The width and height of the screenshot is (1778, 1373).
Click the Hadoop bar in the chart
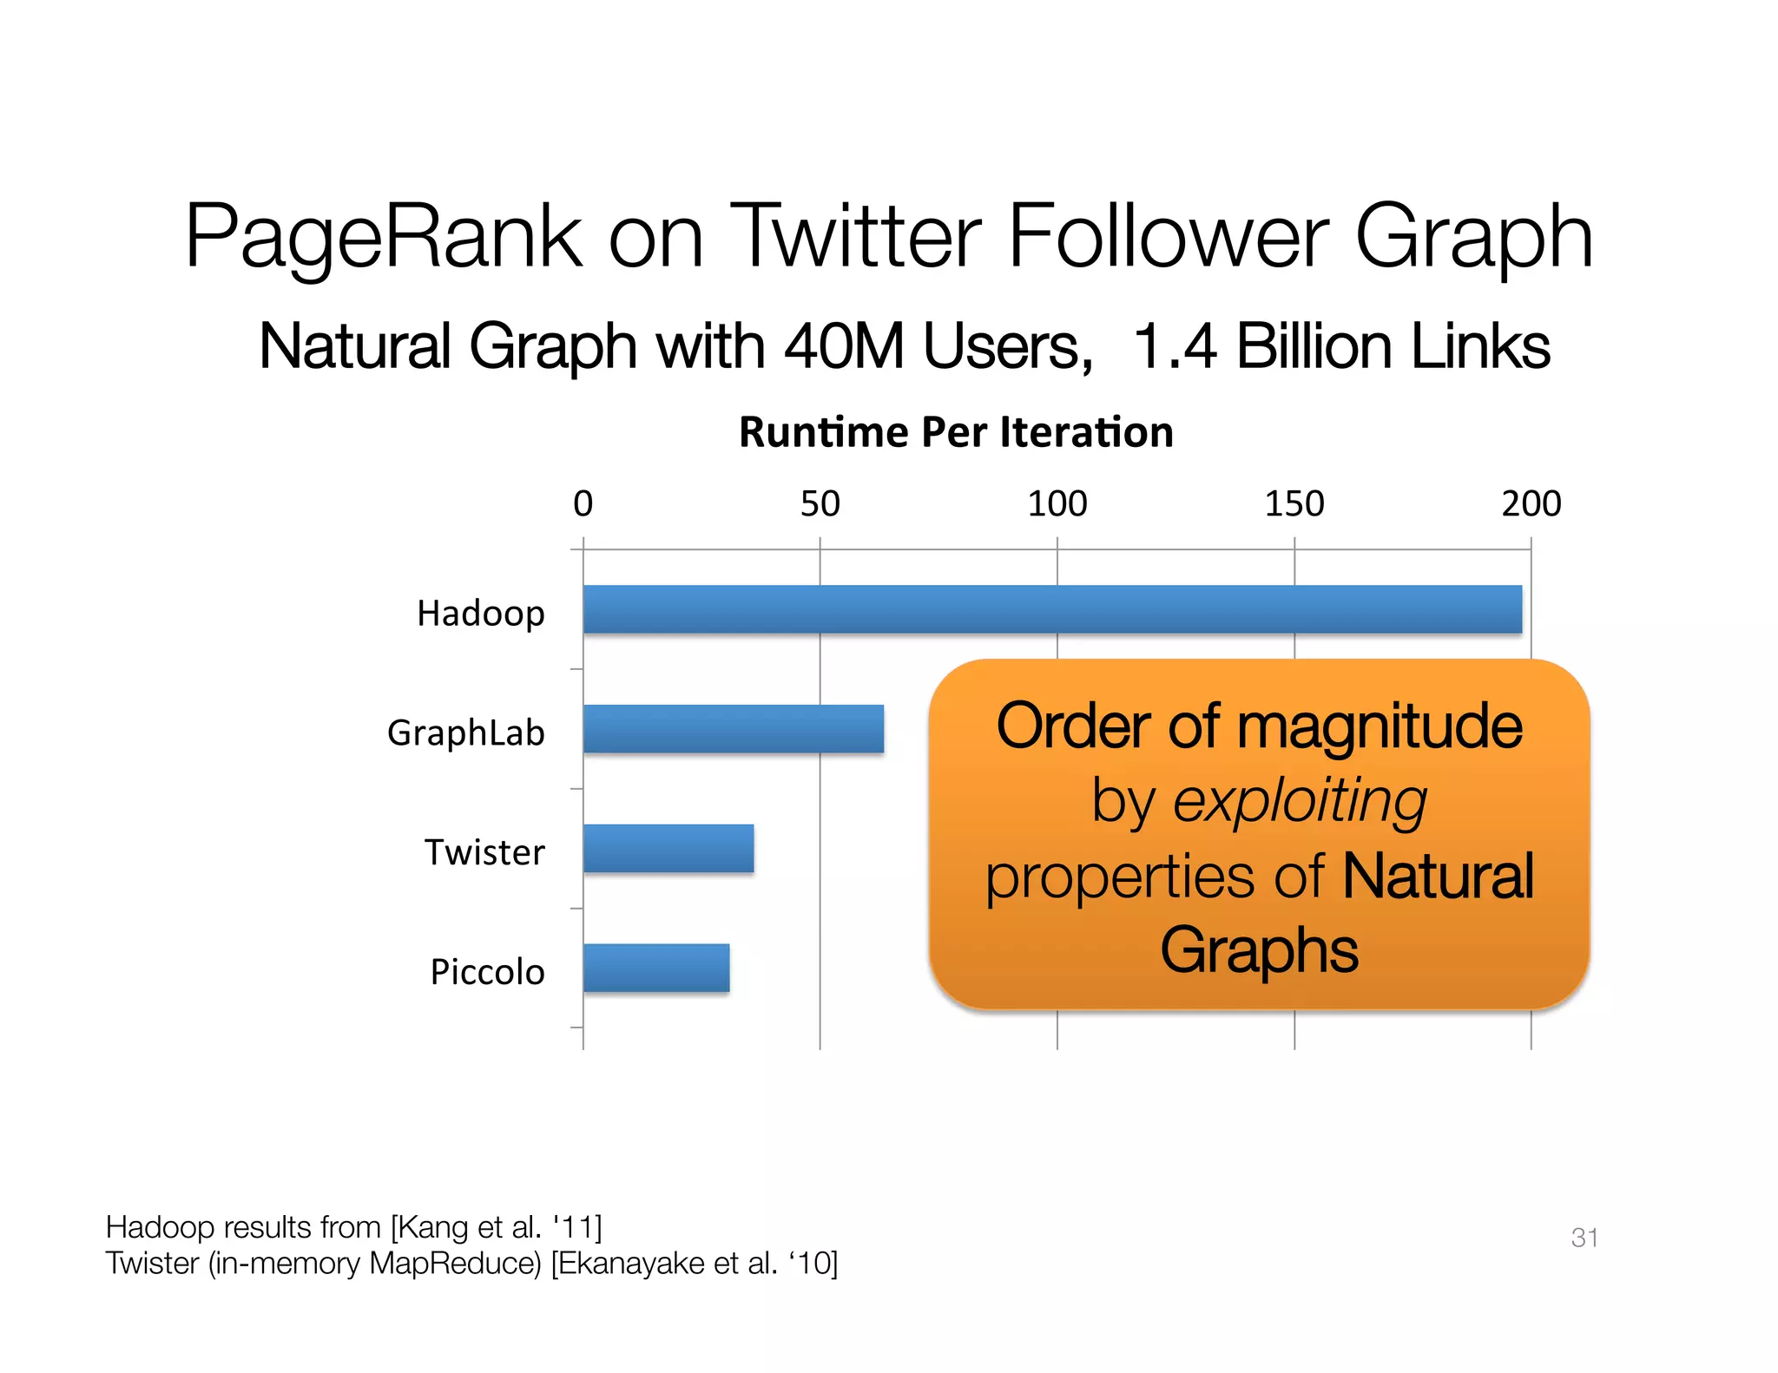pos(1052,609)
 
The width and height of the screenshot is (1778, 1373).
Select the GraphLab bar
pos(734,729)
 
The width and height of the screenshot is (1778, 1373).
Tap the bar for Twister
pos(668,849)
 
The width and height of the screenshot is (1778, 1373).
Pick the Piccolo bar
pos(656,969)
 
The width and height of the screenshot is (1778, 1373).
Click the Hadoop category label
pos(480,614)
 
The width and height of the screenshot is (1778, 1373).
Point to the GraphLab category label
pos(465,733)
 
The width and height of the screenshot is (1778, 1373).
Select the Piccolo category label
pos(487,972)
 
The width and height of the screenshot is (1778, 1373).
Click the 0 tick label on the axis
pos(583,504)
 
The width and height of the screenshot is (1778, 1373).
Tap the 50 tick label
pos(820,504)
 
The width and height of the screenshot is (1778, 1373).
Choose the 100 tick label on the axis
pos(1057,504)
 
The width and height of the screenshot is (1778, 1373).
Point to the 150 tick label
pos(1294,504)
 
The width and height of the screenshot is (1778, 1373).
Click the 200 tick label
pos(1531,504)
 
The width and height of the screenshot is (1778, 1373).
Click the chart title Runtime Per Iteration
pos(956,432)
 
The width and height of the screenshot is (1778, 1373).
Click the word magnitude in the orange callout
pos(1379,727)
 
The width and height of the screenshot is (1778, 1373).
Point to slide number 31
pos(1584,1238)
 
